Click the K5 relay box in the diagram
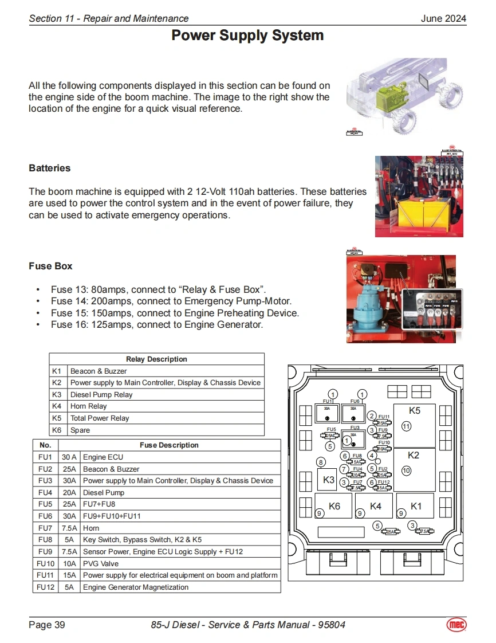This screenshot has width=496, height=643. click(414, 425)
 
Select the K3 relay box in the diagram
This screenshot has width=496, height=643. click(328, 480)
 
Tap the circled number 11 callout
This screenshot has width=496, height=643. click(407, 426)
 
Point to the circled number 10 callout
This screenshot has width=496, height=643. click(407, 471)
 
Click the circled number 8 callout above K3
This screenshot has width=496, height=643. click(321, 462)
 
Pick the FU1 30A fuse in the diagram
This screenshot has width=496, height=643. click(327, 413)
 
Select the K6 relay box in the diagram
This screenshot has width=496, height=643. click(334, 505)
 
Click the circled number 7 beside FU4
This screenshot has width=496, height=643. click(344, 469)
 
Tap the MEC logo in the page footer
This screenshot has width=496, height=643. click(456, 624)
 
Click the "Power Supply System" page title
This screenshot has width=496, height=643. click(247, 36)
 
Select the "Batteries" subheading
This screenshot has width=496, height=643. click(50, 168)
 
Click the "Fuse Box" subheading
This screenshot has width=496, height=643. click(50, 266)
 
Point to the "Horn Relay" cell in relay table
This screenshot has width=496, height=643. click(89, 406)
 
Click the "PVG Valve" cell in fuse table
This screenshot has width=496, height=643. click(101, 563)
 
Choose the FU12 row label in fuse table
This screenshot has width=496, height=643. click(45, 587)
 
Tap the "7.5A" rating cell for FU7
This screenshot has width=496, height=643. click(69, 528)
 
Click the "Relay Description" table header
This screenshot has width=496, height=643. click(156, 359)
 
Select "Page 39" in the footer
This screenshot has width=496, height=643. click(47, 624)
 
